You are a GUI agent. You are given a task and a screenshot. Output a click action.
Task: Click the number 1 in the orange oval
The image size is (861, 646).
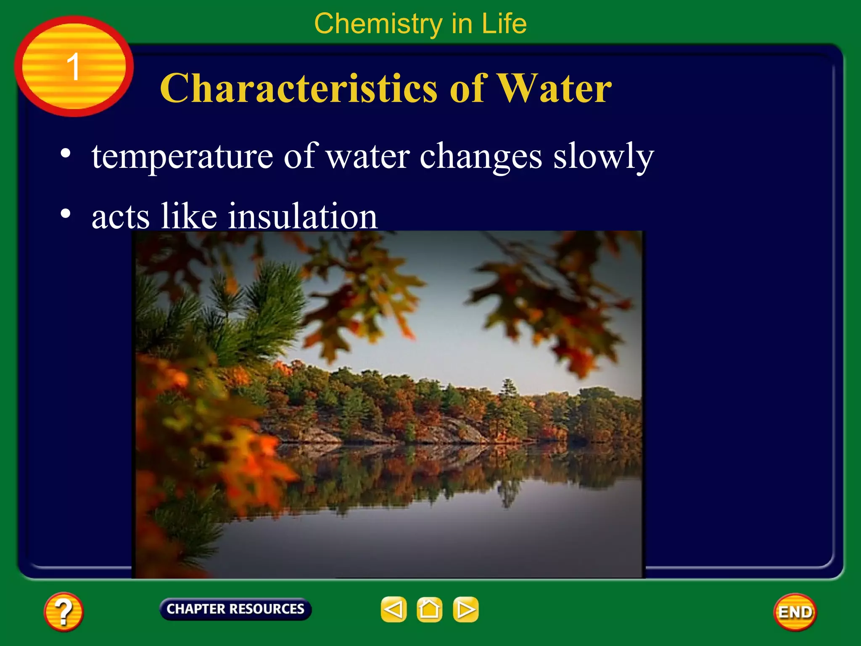74,66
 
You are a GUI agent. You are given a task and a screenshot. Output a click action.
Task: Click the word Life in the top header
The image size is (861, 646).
504,24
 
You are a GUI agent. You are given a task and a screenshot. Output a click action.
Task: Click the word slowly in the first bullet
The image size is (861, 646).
603,156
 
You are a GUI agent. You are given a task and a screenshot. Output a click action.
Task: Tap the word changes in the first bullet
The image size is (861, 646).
481,156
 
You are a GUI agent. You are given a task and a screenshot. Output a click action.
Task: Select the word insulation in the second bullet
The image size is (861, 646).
303,216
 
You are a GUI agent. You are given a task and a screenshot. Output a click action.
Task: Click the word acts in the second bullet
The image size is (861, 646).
120,217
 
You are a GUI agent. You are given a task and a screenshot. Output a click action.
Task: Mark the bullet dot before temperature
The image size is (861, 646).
65,154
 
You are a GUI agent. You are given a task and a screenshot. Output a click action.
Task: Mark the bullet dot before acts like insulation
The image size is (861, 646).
65,214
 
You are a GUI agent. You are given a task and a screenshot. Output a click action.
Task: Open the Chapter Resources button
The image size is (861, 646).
235,609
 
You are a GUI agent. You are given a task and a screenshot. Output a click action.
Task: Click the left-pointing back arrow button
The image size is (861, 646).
394,609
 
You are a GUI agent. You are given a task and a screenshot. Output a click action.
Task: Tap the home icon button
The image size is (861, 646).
429,609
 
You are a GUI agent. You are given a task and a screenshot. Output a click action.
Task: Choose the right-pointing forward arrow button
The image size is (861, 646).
465,609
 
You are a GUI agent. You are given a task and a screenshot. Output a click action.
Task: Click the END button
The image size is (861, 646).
795,612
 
